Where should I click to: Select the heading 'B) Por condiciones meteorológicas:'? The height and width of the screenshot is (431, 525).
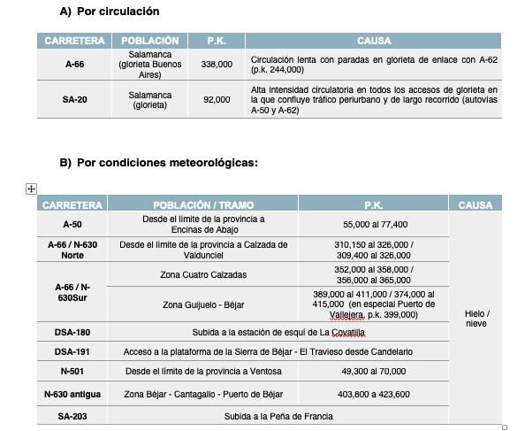[158, 163]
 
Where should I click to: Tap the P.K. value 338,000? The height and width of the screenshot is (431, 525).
[217, 65]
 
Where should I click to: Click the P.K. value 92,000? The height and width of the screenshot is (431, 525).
[217, 100]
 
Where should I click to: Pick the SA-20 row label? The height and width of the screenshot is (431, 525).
[74, 100]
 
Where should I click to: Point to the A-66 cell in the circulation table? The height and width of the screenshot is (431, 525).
[74, 65]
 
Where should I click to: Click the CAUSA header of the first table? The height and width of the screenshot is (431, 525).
[374, 41]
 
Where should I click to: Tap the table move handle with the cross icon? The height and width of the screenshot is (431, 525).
[31, 188]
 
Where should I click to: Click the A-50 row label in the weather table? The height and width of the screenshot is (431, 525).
[72, 225]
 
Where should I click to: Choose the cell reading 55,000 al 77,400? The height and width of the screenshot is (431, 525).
[375, 225]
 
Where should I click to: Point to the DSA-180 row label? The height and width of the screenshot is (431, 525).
[72, 333]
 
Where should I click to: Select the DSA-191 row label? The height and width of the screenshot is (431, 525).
[72, 351]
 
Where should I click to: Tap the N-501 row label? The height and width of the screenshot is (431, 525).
[72, 372]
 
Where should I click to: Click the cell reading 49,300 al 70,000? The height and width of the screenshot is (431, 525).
[375, 372]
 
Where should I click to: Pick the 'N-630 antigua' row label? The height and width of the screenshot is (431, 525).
[72, 394]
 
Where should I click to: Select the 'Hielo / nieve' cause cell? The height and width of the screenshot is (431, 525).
[476, 319]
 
